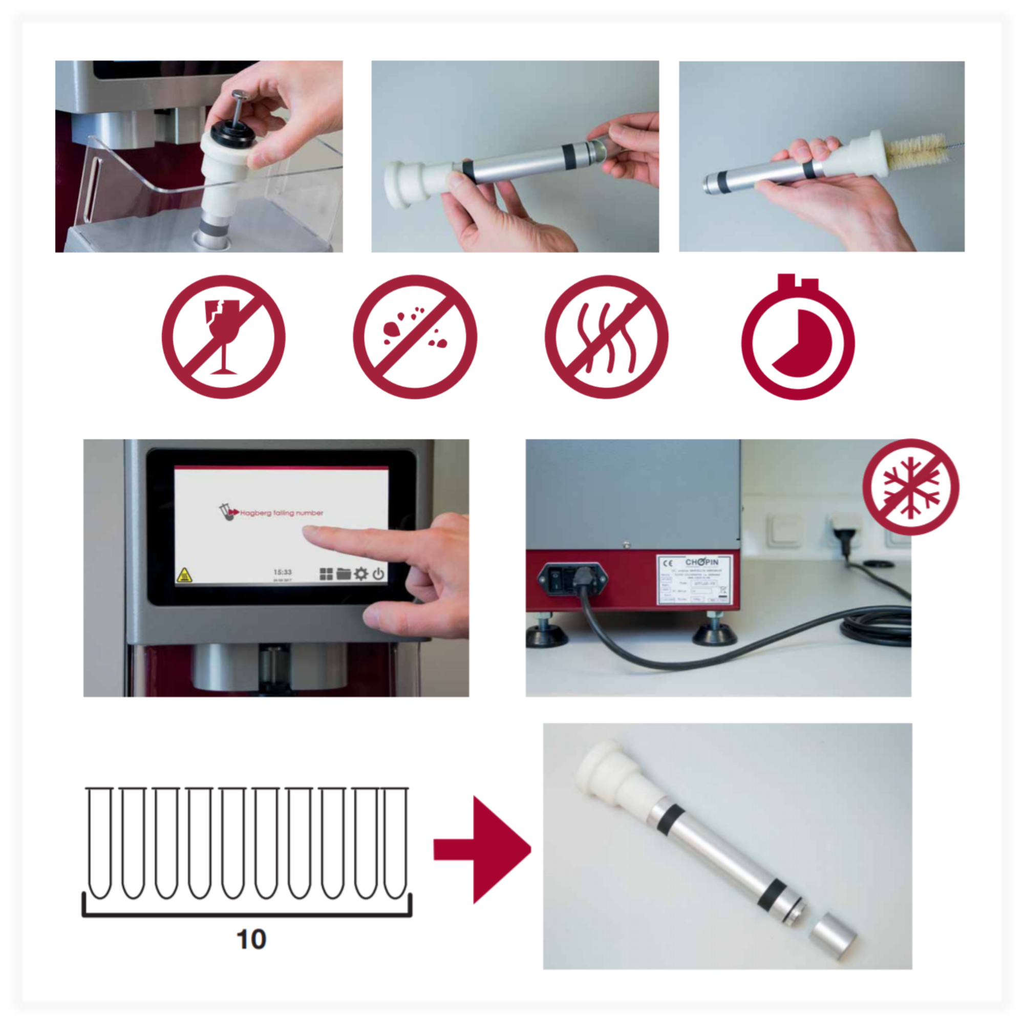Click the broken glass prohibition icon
[x=223, y=336]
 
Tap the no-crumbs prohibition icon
[x=415, y=336]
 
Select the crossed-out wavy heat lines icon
[x=606, y=336]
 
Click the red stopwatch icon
[x=798, y=339]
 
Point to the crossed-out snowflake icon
[x=910, y=486]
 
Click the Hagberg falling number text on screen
[x=281, y=513]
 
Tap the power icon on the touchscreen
[x=378, y=573]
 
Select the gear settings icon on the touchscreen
[x=361, y=573]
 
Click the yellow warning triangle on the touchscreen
[x=184, y=575]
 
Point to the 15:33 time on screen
[x=283, y=572]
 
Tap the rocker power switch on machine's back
[x=556, y=579]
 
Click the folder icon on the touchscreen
[x=344, y=573]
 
